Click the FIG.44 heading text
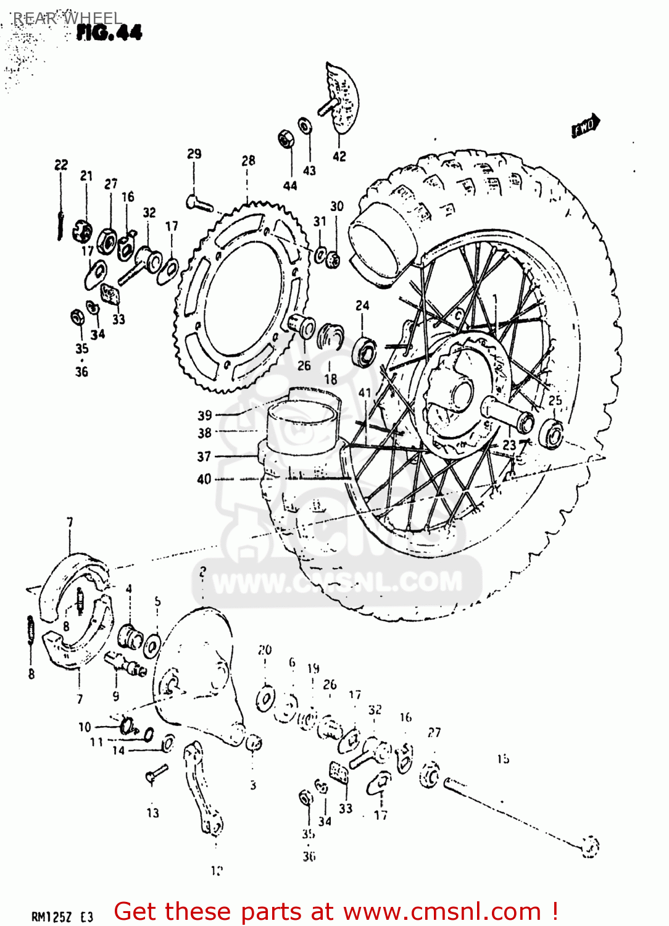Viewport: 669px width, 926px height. [x=109, y=32]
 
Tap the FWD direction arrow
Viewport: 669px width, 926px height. [x=585, y=126]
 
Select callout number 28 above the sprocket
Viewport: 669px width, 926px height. [x=248, y=161]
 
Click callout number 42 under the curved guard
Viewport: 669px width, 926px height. [x=339, y=157]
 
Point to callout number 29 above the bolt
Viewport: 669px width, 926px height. [x=194, y=154]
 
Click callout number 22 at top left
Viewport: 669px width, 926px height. [x=61, y=165]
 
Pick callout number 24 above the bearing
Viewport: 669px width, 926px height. [x=362, y=306]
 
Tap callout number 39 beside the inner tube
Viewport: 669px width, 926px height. [x=205, y=415]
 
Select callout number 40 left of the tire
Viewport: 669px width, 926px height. [x=204, y=479]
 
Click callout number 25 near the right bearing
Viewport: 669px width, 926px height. [x=555, y=401]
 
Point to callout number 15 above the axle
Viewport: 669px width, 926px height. [x=503, y=759]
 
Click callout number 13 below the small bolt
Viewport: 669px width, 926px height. [x=153, y=813]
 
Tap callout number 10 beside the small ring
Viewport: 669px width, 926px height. [x=85, y=727]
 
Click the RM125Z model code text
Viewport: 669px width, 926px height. [x=54, y=917]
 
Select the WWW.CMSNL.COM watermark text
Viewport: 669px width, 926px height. [x=337, y=582]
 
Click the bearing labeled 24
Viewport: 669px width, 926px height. [x=365, y=352]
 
